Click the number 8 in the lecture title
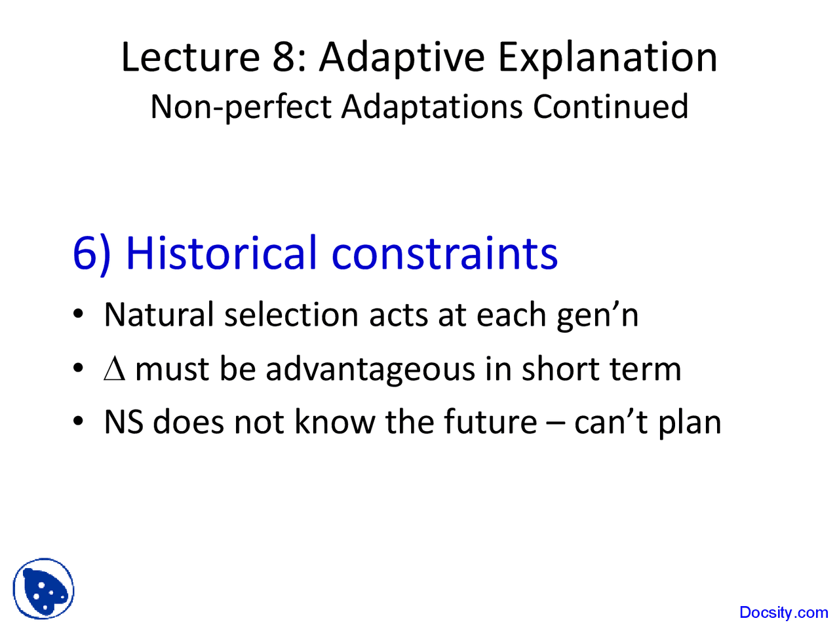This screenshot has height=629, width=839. pyautogui.click(x=285, y=58)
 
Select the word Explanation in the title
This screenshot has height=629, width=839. pyautogui.click(x=608, y=58)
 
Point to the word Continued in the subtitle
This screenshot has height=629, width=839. pyautogui.click(x=610, y=107)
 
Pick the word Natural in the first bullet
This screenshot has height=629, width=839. pyautogui.click(x=159, y=315)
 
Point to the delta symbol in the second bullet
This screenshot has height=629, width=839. pyautogui.click(x=114, y=370)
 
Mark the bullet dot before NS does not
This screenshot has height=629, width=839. pyautogui.click(x=78, y=421)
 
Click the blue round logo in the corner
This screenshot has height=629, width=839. pyautogui.click(x=43, y=589)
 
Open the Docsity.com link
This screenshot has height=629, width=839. pyautogui.click(x=783, y=613)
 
